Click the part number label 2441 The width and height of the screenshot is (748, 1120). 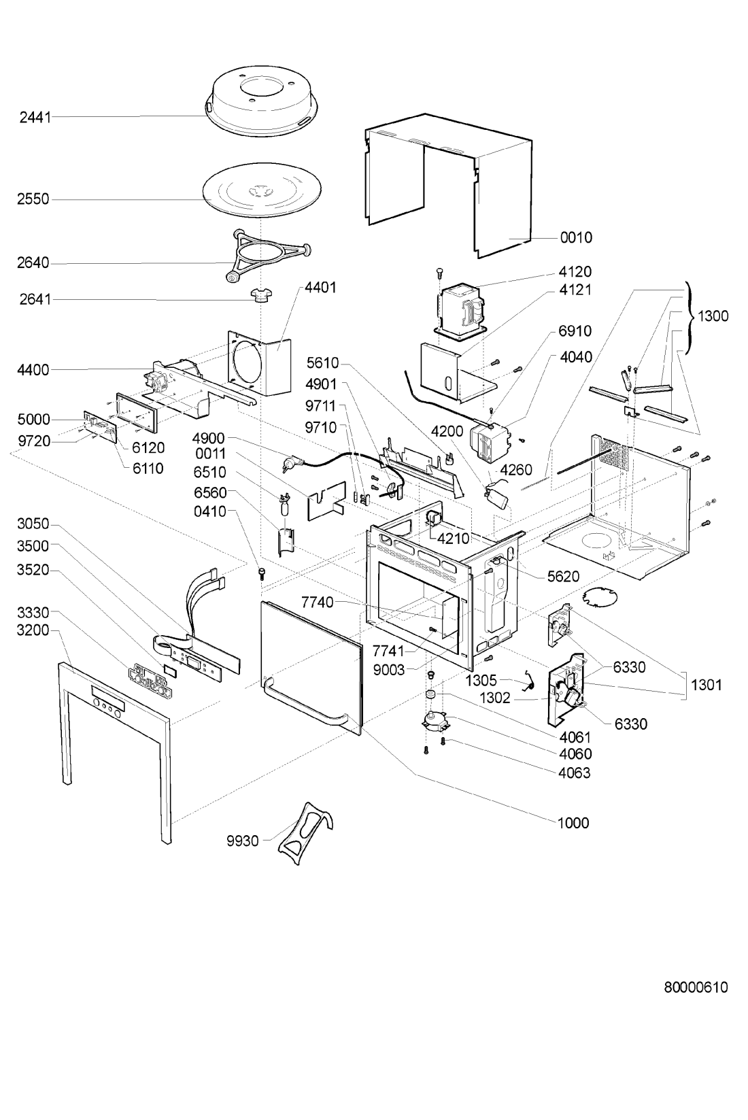35,118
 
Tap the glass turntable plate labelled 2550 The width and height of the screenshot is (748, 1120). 262,192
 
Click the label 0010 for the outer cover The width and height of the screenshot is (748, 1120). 576,237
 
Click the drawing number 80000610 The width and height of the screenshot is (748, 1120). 696,987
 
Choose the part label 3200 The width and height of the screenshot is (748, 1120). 33,630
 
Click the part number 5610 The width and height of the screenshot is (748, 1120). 323,362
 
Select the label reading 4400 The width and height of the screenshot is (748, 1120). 33,370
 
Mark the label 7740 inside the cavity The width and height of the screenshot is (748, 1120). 318,603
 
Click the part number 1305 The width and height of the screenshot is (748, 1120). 481,681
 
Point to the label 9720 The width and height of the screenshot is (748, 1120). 35,441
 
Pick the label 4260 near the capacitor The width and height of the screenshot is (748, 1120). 517,469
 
